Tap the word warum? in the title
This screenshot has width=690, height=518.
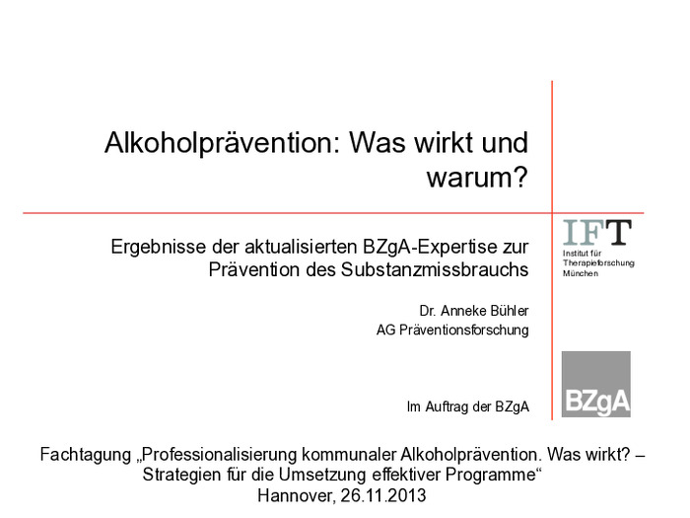pos(477,177)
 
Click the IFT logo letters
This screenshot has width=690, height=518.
pos(597,232)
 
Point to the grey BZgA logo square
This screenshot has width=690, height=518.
pos(595,384)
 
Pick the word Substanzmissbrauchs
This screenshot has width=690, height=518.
pos(435,269)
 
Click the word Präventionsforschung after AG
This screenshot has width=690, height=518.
pos(464,330)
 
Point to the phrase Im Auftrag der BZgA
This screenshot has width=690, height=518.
pos(468,407)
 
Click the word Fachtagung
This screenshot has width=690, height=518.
pos(86,454)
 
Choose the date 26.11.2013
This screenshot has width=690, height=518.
pos(382,495)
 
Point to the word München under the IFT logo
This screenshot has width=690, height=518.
pos(580,273)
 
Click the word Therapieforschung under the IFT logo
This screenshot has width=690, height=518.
pos(598,263)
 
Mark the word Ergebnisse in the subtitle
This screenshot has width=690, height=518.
pos(159,247)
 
